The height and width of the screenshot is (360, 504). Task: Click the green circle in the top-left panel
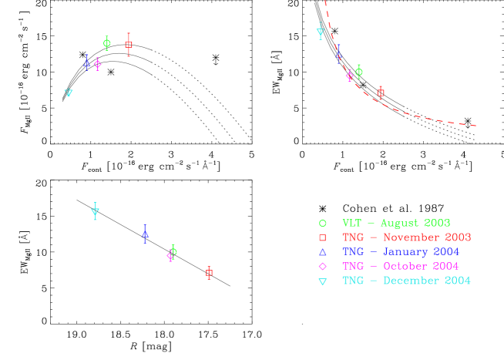pyautogui.click(x=107, y=43)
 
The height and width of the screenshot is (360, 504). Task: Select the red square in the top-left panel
pyautogui.click(x=128, y=45)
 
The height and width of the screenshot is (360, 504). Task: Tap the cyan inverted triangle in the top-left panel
pyautogui.click(x=69, y=93)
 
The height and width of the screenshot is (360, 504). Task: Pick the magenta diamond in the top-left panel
pyautogui.click(x=97, y=64)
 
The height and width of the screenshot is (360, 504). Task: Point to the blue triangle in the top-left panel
pyautogui.click(x=87, y=60)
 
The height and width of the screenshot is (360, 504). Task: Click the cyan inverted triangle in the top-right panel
pyautogui.click(x=321, y=32)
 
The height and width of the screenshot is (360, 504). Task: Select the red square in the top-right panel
pyautogui.click(x=381, y=93)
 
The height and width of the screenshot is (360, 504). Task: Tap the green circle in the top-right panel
pyautogui.click(x=358, y=72)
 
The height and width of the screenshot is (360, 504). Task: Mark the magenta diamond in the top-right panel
pyautogui.click(x=349, y=76)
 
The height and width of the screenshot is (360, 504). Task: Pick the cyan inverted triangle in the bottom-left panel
pyautogui.click(x=96, y=210)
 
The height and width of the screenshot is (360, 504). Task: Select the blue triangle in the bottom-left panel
pyautogui.click(x=145, y=233)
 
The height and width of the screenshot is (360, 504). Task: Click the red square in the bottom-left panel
pyautogui.click(x=209, y=272)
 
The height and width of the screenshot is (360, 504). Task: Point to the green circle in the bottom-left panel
pyautogui.click(x=173, y=251)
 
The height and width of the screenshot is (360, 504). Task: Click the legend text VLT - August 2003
pyautogui.click(x=395, y=224)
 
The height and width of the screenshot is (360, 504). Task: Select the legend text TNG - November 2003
pyautogui.click(x=406, y=237)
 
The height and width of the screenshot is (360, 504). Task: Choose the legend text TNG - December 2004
pyautogui.click(x=405, y=281)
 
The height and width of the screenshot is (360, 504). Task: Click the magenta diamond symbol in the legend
pyautogui.click(x=323, y=267)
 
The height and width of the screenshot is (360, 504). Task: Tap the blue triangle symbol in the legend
pyautogui.click(x=323, y=252)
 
